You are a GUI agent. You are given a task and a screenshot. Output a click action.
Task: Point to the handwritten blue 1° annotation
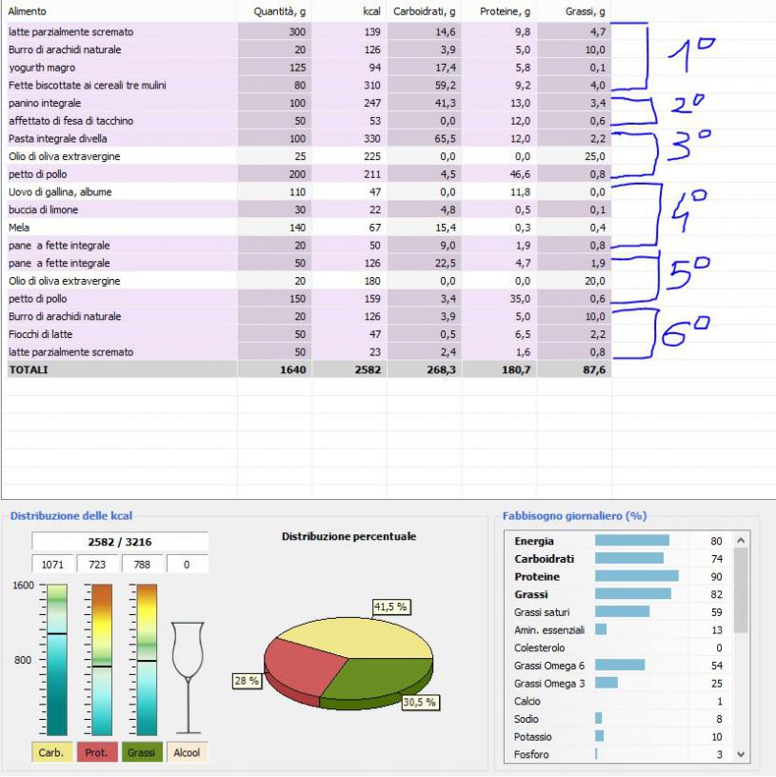[x=691, y=57]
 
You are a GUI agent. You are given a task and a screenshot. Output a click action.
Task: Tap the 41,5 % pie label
[x=390, y=606]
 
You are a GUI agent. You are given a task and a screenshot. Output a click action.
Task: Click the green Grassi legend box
[x=141, y=752]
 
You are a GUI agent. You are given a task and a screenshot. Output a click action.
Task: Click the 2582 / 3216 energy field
[x=120, y=542]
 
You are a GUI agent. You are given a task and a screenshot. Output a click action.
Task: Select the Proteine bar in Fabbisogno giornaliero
[x=636, y=576]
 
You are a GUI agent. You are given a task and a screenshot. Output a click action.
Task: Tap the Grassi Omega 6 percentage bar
[x=620, y=665]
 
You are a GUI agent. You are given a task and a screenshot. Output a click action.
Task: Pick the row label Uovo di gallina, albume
[x=60, y=191]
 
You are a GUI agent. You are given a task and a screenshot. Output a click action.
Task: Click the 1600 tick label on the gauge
[x=21, y=586]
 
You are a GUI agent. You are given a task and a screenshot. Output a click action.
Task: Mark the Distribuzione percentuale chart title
[x=348, y=537]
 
